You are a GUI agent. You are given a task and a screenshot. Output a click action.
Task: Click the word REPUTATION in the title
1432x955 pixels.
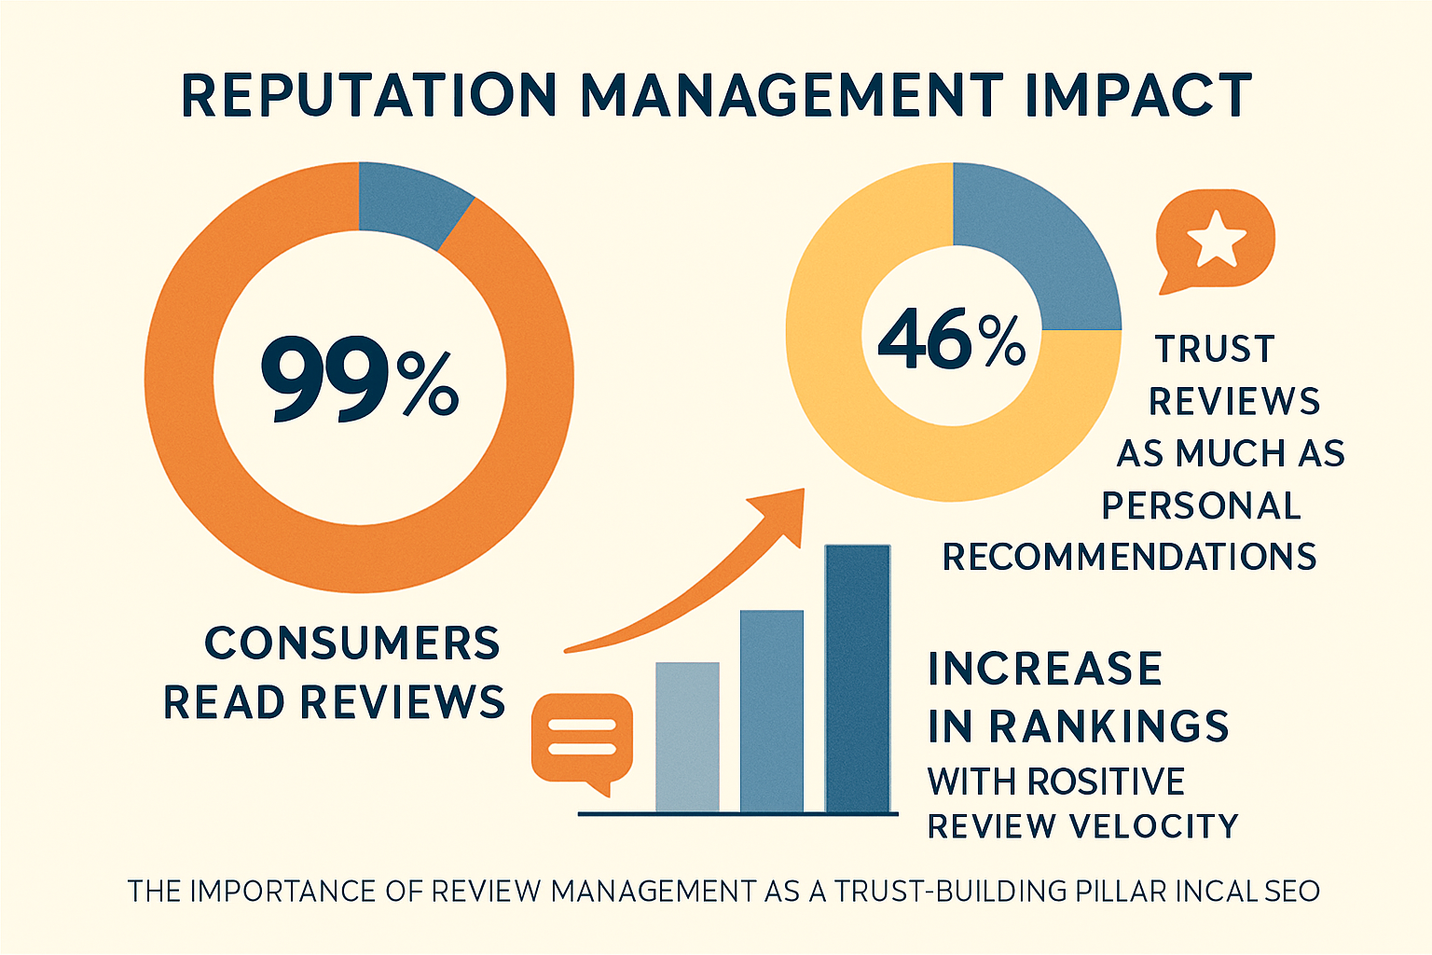pyautogui.click(x=369, y=95)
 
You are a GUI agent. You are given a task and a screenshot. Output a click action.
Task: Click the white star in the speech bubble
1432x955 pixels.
pyautogui.click(x=1216, y=239)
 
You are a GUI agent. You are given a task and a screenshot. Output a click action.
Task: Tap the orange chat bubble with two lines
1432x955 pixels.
pyautogui.click(x=582, y=737)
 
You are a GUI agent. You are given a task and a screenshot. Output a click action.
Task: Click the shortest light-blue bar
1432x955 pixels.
pyautogui.click(x=687, y=737)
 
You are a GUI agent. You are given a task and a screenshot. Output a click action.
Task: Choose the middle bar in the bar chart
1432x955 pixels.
pyautogui.click(x=771, y=711)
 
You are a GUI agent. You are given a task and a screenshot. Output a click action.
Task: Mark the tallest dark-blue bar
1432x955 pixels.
pyautogui.click(x=857, y=679)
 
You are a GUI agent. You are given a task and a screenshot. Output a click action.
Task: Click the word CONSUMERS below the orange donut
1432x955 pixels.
pyautogui.click(x=352, y=644)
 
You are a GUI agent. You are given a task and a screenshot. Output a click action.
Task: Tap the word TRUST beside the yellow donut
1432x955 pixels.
pyautogui.click(x=1215, y=349)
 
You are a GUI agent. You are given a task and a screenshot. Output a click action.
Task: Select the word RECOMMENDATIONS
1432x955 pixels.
pyautogui.click(x=1129, y=557)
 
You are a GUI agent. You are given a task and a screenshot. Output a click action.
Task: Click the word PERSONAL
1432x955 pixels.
pyautogui.click(x=1201, y=505)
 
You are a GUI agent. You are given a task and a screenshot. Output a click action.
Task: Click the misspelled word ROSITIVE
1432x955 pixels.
pyautogui.click(x=1107, y=782)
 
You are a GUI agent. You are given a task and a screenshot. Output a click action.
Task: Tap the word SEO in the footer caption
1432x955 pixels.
pyautogui.click(x=1292, y=892)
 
